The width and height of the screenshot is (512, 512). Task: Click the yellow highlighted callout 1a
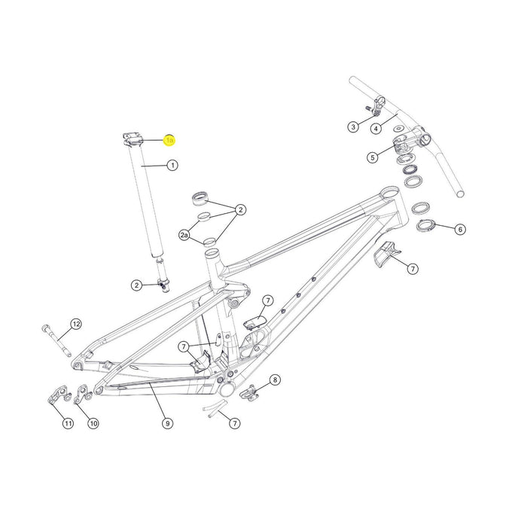[169, 140]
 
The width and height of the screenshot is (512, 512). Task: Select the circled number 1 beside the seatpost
[172, 165]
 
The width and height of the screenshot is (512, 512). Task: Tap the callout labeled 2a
[184, 236]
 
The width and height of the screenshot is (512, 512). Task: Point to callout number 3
[353, 126]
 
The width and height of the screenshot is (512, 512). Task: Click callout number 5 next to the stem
[372, 157]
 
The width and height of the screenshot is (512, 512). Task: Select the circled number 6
[460, 229]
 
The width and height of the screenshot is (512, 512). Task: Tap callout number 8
[275, 380]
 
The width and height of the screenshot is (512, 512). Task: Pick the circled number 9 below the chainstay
[167, 423]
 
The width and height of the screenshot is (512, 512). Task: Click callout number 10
[93, 424]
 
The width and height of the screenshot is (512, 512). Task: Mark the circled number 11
[68, 424]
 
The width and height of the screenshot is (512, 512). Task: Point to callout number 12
[75, 325]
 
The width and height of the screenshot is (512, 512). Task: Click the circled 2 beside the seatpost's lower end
[136, 285]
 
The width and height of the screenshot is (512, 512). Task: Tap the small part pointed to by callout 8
[250, 392]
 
